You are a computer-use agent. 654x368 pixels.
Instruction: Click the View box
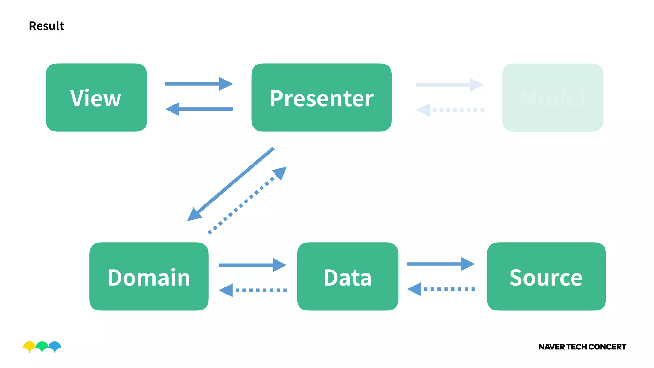point(96,97)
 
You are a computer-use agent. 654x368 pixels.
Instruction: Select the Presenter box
point(321,97)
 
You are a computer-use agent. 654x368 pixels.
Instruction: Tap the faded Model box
point(552,97)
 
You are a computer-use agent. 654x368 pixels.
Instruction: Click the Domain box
point(149,276)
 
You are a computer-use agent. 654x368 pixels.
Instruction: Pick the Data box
point(347,276)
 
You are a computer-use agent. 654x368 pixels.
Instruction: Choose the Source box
point(546,276)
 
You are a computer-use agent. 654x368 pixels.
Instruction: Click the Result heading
point(46,26)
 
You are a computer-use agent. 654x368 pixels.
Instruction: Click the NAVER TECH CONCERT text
point(582,347)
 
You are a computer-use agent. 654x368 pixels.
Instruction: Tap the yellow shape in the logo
point(29,345)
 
